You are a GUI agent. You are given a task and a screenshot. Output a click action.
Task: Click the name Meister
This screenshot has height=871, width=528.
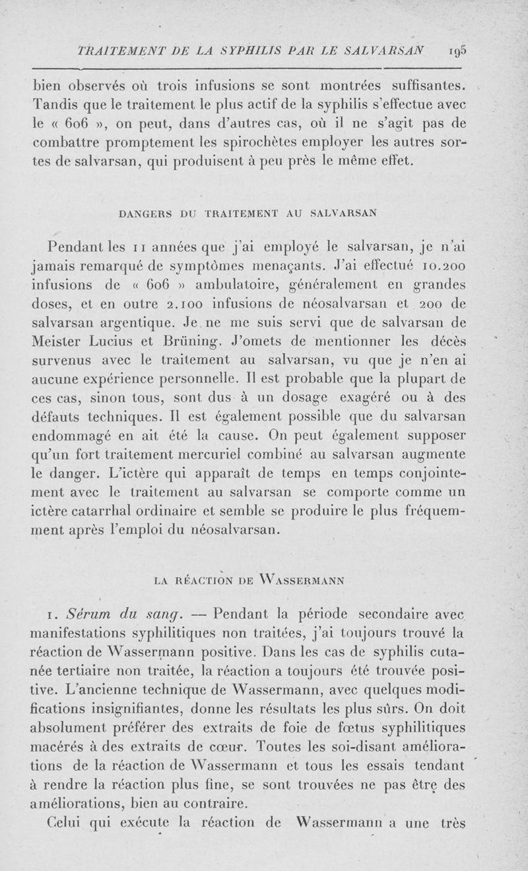61,342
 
